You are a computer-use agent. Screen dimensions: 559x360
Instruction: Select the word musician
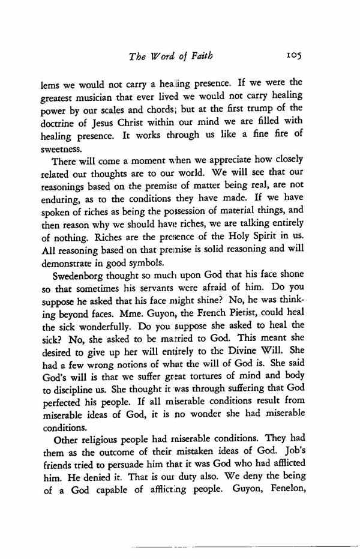coord(107,95)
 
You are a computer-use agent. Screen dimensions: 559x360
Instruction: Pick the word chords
coord(181,109)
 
